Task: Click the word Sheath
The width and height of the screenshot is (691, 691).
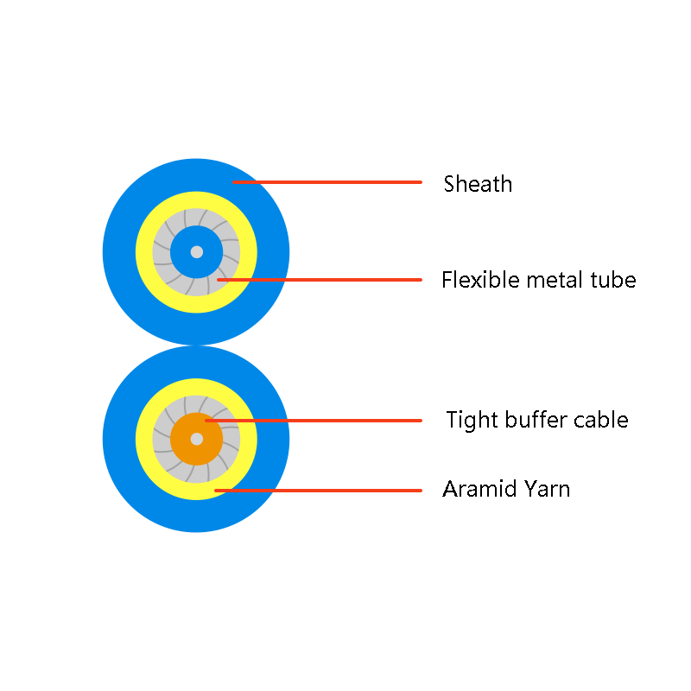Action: [x=478, y=184]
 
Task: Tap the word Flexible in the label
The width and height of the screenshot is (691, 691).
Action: [x=480, y=280]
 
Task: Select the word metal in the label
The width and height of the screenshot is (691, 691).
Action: [x=555, y=280]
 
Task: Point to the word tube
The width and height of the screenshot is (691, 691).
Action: [x=613, y=280]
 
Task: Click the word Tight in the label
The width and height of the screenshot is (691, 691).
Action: [x=472, y=420]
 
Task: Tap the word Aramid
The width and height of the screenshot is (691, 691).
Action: [x=473, y=489]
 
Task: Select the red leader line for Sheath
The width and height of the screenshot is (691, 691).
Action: [x=327, y=182]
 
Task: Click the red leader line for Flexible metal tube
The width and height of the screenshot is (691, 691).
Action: [x=320, y=280]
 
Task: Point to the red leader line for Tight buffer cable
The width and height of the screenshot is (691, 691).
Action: [x=314, y=421]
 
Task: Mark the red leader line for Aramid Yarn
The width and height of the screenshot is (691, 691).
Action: [x=318, y=491]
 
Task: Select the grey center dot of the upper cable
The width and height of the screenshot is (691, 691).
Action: [x=197, y=252]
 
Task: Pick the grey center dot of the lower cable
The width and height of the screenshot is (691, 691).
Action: [x=197, y=439]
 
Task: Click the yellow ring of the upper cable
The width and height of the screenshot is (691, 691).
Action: [x=144, y=252]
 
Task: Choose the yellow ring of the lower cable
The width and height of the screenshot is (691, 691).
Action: [x=144, y=439]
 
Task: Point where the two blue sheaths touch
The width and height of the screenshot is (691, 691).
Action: [x=196, y=345]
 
